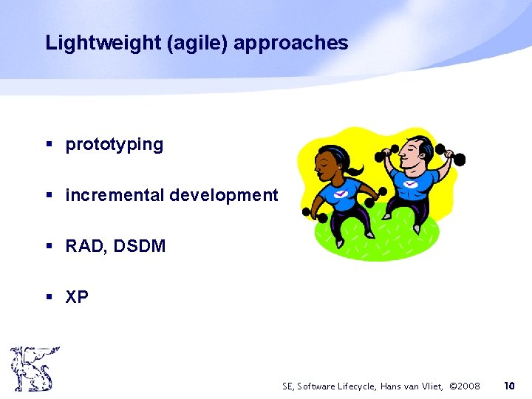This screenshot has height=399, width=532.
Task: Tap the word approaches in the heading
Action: [290, 44]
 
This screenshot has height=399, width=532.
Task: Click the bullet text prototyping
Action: [115, 145]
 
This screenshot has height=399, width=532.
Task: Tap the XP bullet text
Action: [77, 297]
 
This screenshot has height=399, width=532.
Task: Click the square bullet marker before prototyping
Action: [50, 145]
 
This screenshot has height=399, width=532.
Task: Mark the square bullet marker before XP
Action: [50, 298]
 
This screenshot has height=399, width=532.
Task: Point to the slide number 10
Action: [508, 386]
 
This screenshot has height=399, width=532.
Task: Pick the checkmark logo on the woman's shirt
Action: [340, 194]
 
